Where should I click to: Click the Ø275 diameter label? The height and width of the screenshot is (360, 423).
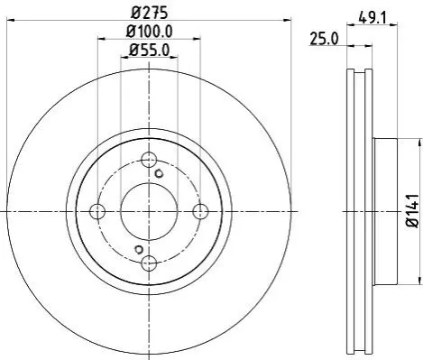point(150,13)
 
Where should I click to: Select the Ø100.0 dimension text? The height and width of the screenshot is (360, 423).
point(149,32)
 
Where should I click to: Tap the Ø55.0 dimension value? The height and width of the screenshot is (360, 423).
point(149,50)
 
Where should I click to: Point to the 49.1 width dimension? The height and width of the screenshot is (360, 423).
point(372,18)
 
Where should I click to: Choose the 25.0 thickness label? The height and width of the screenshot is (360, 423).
point(324,39)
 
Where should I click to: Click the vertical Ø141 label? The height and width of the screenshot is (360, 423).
point(412,211)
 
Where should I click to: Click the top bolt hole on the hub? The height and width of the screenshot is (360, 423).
point(149,160)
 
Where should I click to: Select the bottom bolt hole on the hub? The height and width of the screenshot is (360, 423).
point(149,263)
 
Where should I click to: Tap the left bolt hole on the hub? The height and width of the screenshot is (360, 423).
point(97,211)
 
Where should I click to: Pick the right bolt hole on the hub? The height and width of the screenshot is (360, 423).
point(200,211)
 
